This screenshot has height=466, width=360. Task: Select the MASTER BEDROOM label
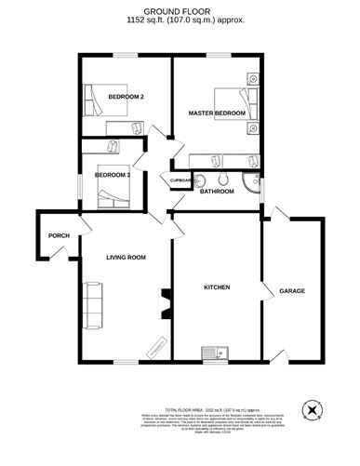pos(217,113)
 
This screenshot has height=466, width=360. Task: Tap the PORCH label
pos(59,235)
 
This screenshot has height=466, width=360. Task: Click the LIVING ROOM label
pos(126,257)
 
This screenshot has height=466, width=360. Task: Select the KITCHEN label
pos(216,287)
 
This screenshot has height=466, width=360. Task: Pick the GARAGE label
pos(292,291)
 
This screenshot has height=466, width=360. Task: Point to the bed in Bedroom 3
pos(113,190)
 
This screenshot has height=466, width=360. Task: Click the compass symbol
pos(313,409)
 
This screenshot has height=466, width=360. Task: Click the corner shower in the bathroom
pos(250,181)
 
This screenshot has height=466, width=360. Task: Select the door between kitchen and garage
pos(263,283)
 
